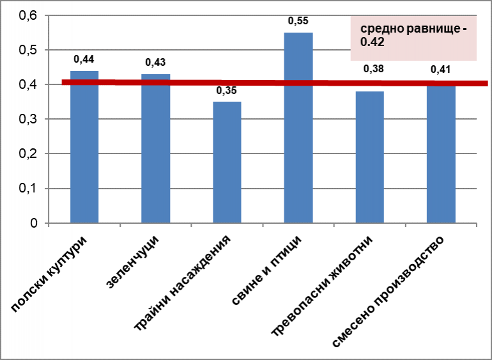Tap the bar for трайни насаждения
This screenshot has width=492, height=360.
click(x=227, y=163)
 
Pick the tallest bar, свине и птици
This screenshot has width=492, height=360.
click(x=298, y=128)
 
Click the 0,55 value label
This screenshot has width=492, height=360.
click(x=298, y=21)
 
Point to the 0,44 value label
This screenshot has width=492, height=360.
click(x=84, y=59)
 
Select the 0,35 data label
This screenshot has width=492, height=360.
click(x=227, y=91)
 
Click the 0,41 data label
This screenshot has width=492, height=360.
click(x=441, y=69)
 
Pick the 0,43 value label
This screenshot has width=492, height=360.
click(x=156, y=62)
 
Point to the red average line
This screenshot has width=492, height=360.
click(x=192, y=82)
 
